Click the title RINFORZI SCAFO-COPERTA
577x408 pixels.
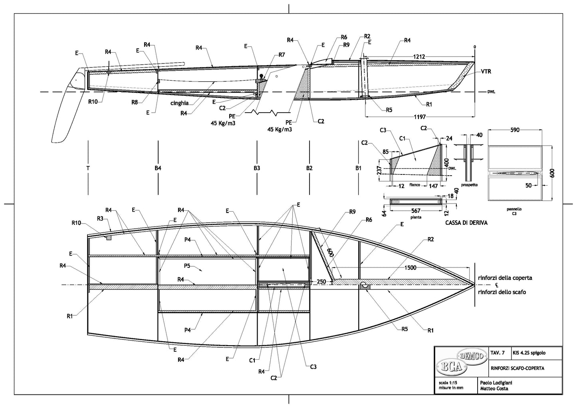(x=517, y=368)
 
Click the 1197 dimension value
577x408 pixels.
(x=420, y=117)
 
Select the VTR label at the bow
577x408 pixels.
(x=486, y=72)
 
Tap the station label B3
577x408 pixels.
(x=257, y=168)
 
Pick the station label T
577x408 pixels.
(x=87, y=168)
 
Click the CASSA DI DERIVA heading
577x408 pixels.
(x=466, y=223)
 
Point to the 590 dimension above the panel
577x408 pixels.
(x=514, y=130)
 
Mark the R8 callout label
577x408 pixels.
(x=135, y=102)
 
